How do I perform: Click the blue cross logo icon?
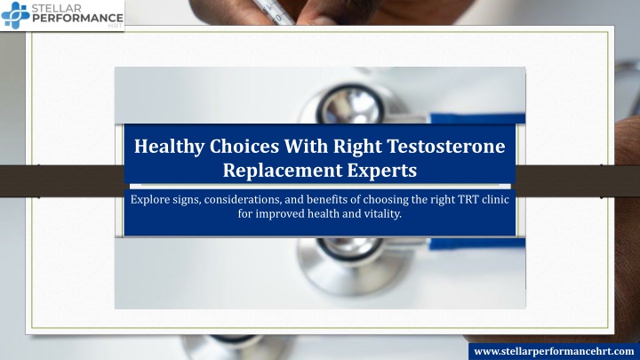(x=15, y=15)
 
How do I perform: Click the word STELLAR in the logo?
(x=56, y=8)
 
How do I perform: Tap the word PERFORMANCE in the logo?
(x=77, y=18)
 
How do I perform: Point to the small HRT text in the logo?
(x=116, y=26)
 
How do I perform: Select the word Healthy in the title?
(x=169, y=146)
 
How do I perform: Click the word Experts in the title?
(x=382, y=171)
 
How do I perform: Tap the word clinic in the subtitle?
(x=495, y=199)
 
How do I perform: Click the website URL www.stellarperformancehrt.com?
(x=554, y=351)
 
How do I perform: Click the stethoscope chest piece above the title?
(x=351, y=105)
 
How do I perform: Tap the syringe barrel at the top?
(x=275, y=11)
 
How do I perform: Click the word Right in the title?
(x=357, y=147)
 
